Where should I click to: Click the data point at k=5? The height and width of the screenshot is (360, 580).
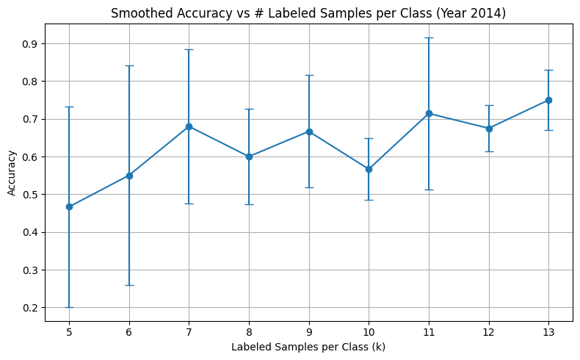(x=69, y=206)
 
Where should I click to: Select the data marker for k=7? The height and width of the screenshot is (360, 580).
(x=189, y=126)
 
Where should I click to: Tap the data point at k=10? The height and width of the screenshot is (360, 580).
(x=369, y=169)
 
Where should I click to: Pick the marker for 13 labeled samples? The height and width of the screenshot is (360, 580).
(x=548, y=100)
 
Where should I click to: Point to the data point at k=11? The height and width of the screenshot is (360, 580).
(x=429, y=113)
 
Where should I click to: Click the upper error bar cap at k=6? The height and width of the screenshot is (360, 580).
(x=129, y=65)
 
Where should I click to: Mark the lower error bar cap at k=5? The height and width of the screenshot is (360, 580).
(x=69, y=307)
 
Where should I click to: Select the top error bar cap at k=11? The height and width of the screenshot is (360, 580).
(x=429, y=37)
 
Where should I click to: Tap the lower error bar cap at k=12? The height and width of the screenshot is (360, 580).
(x=488, y=151)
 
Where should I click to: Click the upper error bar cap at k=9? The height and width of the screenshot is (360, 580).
(x=309, y=75)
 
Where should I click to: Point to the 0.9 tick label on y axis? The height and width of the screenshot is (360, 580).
(x=30, y=44)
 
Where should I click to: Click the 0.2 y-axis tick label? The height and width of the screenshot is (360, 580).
(x=30, y=308)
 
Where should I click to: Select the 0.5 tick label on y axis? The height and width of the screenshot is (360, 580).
(x=30, y=195)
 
